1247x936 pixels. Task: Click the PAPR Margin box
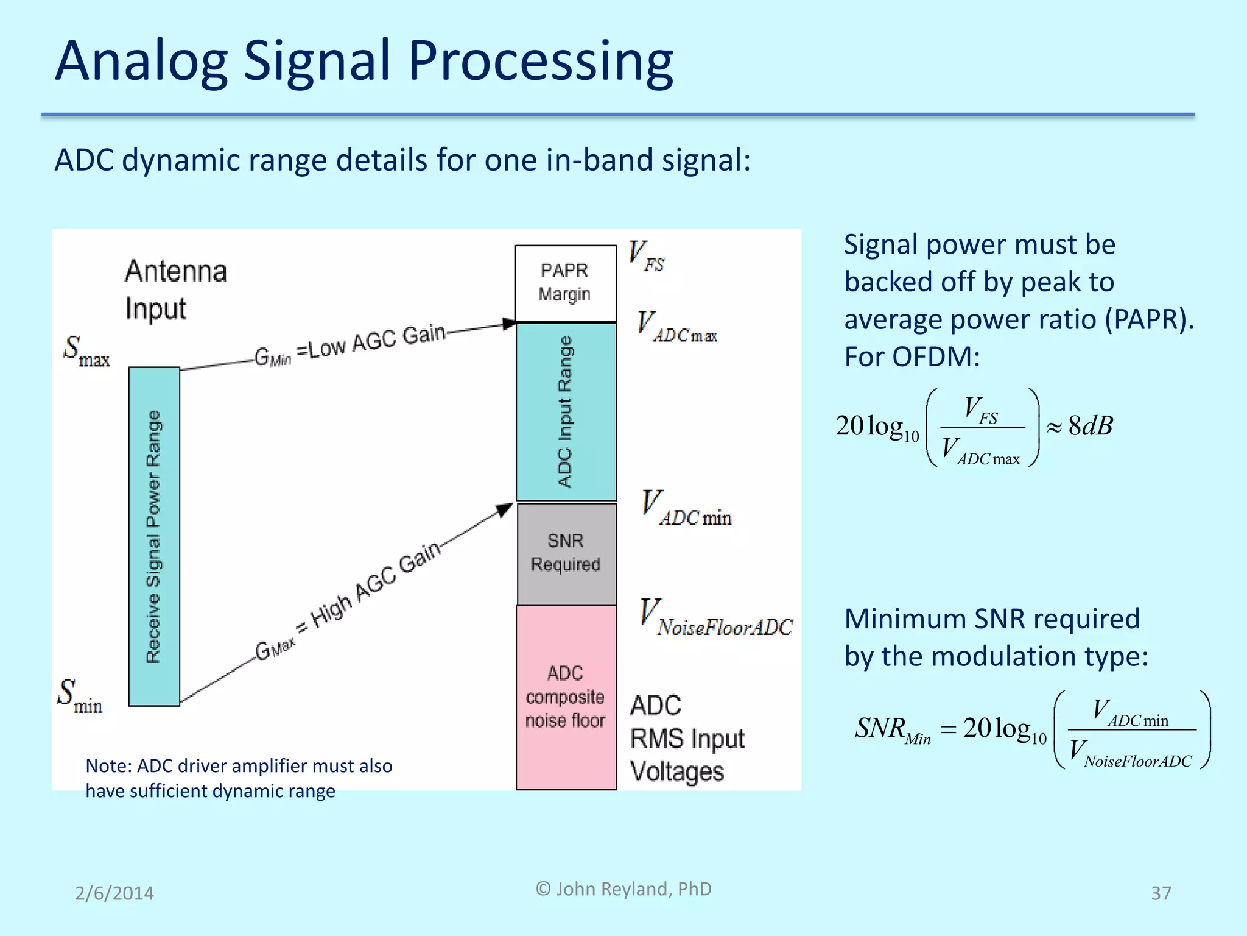click(x=565, y=283)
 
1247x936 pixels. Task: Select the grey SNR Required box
click(x=566, y=553)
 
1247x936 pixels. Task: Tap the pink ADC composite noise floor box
click(x=566, y=697)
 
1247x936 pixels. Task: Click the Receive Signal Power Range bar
click(x=154, y=536)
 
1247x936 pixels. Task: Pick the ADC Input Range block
click(x=566, y=412)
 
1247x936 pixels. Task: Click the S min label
click(x=80, y=695)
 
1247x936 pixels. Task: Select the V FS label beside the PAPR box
click(x=646, y=256)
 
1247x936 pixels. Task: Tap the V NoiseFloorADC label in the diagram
click(x=716, y=618)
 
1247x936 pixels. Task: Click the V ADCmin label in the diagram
click(x=687, y=508)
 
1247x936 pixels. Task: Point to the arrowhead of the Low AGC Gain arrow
click(x=509, y=324)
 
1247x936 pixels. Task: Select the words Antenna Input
click(x=175, y=290)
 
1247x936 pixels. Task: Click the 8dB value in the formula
click(x=1090, y=425)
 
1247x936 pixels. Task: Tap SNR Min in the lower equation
click(x=893, y=729)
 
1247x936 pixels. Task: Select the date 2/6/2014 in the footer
click(x=114, y=893)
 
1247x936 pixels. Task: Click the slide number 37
click(x=1161, y=893)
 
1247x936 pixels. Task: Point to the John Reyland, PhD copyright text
click(x=623, y=889)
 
